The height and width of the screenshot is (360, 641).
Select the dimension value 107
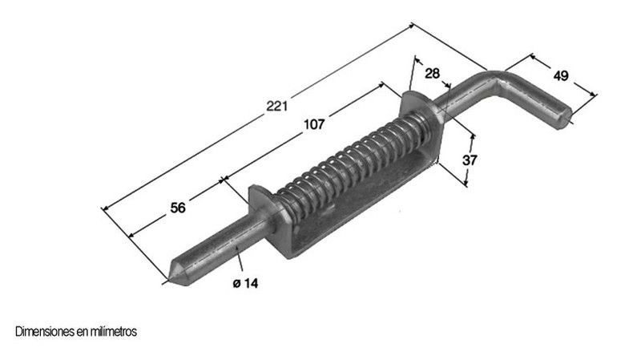point(313,124)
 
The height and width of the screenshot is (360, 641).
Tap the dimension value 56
point(178,208)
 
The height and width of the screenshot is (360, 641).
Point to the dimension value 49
point(560,76)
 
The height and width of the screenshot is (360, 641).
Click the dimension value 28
point(432,74)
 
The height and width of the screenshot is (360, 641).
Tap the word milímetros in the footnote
point(113,330)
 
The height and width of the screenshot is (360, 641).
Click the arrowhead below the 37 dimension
point(464,184)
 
